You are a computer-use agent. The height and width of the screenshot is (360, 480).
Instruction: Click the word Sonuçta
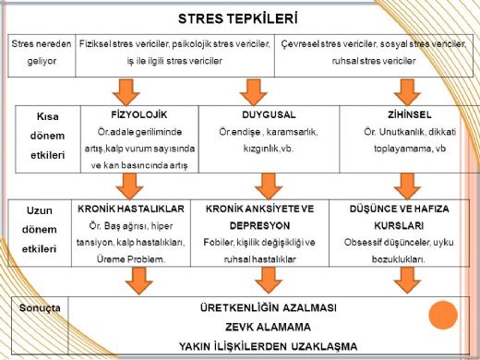pyautogui.click(x=42, y=306)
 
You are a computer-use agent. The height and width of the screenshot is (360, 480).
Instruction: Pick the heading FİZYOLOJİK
pyautogui.click(x=137, y=116)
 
